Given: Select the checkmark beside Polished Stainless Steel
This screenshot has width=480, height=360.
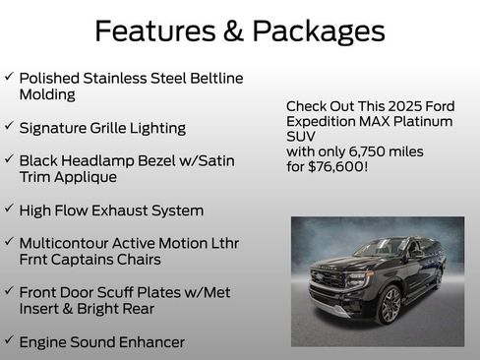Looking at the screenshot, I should pyautogui.click(x=9, y=77).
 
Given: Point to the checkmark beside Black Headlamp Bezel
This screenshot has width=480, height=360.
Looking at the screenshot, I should pyautogui.click(x=9, y=159).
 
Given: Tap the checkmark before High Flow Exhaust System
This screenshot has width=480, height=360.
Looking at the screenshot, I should pyautogui.click(x=9, y=210).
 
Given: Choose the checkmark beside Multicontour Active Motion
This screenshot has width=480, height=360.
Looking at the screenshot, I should pyautogui.click(x=9, y=242).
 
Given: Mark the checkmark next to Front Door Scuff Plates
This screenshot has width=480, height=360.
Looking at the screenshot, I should pyautogui.click(x=9, y=291).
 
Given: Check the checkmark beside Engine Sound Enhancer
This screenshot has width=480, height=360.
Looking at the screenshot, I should pyautogui.click(x=9, y=341).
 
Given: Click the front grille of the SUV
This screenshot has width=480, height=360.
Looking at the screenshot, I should pyautogui.click(x=328, y=278).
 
